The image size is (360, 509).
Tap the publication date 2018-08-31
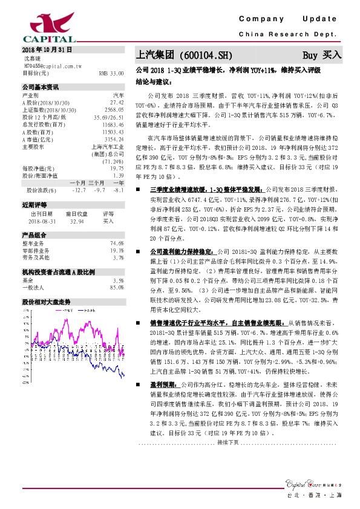[42, 221]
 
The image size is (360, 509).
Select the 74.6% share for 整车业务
[117, 243]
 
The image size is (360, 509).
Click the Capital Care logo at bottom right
[317, 484]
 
